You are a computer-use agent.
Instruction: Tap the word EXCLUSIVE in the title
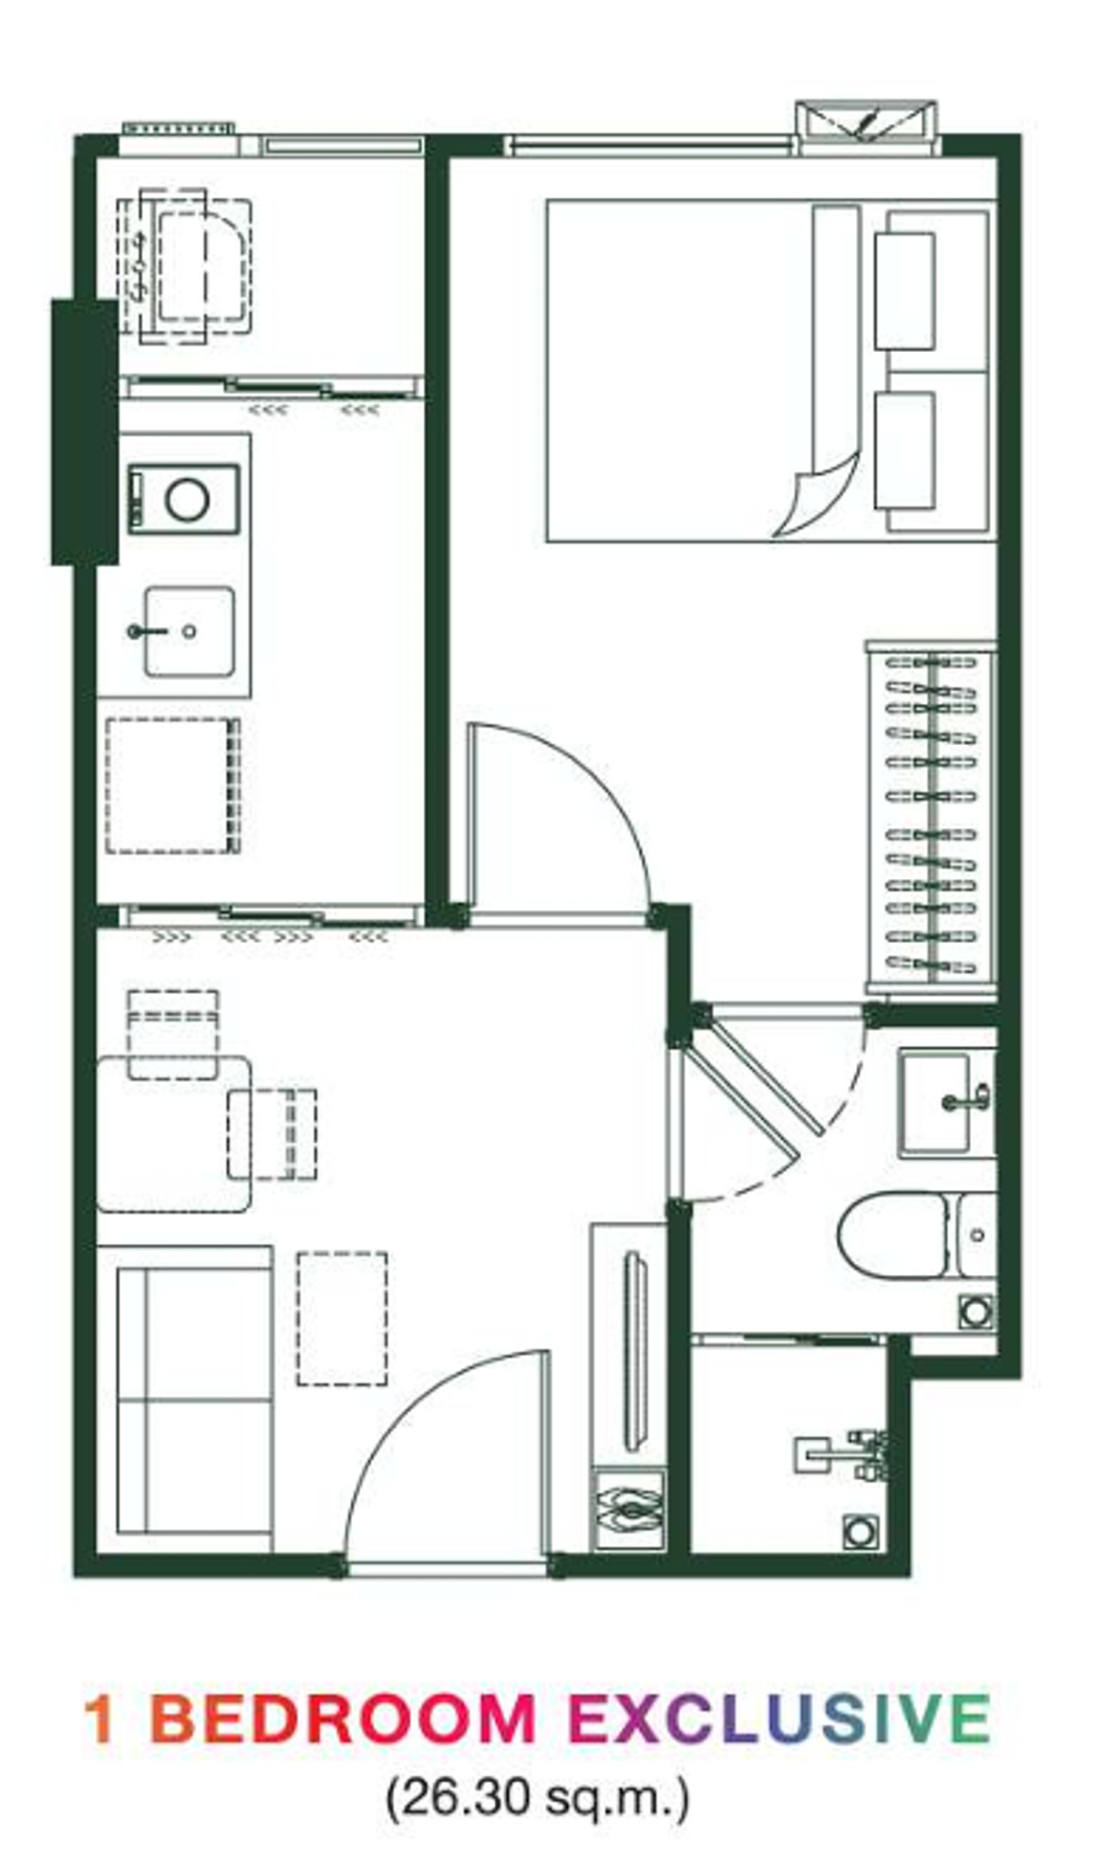[780, 1720]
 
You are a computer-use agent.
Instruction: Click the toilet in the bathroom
[916, 1235]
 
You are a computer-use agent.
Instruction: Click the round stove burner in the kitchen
[187, 500]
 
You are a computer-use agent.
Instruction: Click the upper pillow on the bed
[904, 291]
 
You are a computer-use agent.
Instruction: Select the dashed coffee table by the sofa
[342, 1319]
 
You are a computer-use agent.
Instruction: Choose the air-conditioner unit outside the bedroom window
[865, 120]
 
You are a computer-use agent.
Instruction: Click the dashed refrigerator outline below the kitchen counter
[173, 785]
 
